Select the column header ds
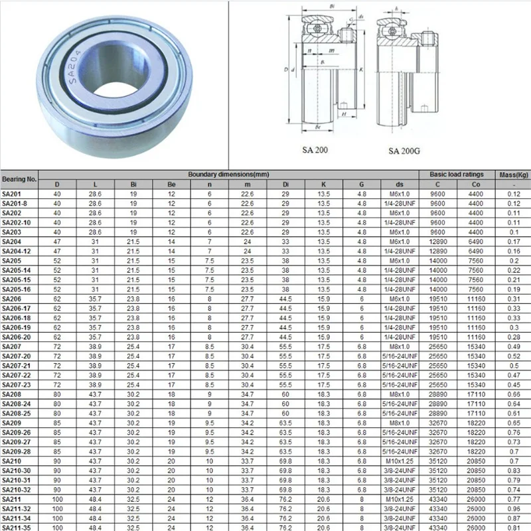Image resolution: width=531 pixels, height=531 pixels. [399, 184]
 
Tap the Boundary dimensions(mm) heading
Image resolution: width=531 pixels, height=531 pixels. [228, 174]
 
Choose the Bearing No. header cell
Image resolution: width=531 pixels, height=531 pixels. [19, 179]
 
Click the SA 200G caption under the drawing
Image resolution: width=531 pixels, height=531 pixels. [404, 151]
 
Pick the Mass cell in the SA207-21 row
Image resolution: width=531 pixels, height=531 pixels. [513, 366]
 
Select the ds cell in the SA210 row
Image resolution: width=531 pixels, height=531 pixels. [399, 461]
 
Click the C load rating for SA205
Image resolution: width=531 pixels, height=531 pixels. [437, 261]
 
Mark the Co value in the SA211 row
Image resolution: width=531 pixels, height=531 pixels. [476, 498]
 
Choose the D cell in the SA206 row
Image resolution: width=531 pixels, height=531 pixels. [57, 299]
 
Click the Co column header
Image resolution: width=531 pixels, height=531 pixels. [476, 184]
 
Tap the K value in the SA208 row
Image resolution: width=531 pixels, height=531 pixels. [323, 394]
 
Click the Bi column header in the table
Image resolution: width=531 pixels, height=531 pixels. [133, 184]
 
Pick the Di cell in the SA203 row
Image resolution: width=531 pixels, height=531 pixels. [285, 232]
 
